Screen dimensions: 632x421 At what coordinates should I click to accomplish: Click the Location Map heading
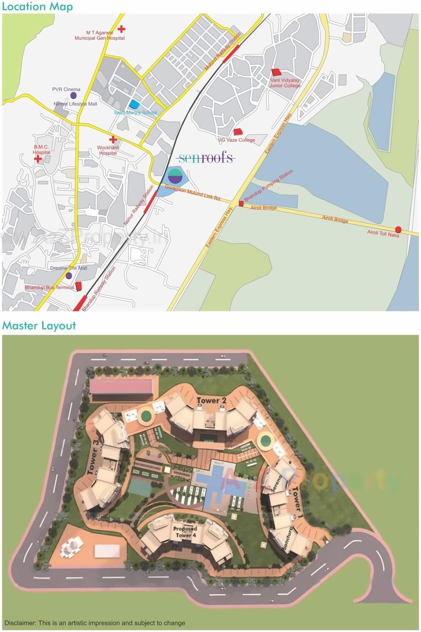coord(37,7)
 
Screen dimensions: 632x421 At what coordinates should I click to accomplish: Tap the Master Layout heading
coord(39,325)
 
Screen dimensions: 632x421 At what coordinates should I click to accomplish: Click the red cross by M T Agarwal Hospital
coord(121,29)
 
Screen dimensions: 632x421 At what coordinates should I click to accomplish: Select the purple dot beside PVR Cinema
coord(73,96)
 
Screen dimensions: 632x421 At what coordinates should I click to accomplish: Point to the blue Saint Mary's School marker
coord(135,104)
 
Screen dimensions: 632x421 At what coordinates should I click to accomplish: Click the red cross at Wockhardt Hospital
coord(113,139)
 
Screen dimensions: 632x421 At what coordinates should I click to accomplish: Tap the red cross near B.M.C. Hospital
coord(38,159)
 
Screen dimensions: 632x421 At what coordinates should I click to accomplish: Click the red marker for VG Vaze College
coord(238,131)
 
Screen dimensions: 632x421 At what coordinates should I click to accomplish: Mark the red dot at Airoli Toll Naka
coord(398,229)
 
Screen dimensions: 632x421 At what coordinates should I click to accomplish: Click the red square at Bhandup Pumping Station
coord(241,203)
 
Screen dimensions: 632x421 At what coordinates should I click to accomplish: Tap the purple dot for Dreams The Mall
coord(69,275)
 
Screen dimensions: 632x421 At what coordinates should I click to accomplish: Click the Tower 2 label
coord(211,400)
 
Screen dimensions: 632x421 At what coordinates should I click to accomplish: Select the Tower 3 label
coord(93,457)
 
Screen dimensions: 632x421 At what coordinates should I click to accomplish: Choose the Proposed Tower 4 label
coord(185,532)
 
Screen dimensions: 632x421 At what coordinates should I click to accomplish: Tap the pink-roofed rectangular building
coord(121,386)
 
